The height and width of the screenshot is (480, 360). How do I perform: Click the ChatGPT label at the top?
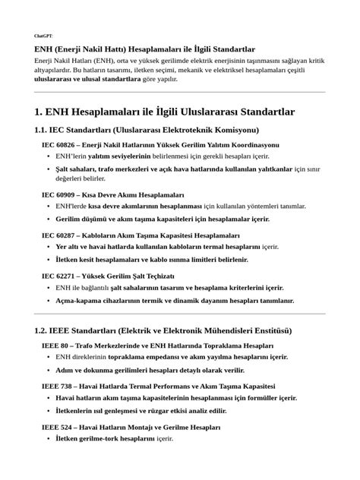[43, 36]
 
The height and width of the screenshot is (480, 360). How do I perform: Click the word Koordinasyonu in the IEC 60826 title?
[251, 144]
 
